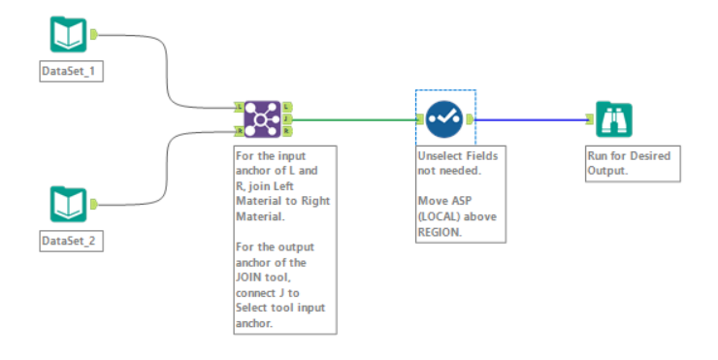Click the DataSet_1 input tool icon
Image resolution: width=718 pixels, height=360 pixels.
click(68, 35)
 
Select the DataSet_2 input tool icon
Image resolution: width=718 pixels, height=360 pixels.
click(68, 204)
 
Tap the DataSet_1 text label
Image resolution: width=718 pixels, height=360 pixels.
click(68, 72)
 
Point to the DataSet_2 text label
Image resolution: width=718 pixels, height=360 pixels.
click(68, 240)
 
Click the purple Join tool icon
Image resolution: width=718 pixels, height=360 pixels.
click(262, 119)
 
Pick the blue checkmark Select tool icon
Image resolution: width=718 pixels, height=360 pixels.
click(444, 119)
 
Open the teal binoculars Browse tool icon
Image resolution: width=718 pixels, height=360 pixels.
click(614, 119)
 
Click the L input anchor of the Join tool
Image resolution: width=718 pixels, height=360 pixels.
click(239, 107)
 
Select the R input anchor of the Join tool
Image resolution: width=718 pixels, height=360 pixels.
click(239, 130)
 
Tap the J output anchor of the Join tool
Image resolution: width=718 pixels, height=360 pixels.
click(287, 119)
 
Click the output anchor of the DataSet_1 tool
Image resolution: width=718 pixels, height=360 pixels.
click(94, 35)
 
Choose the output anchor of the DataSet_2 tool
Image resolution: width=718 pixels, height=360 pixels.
click(94, 204)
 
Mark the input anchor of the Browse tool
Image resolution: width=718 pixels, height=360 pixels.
click(591, 119)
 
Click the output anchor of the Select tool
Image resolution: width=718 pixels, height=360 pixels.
click(470, 119)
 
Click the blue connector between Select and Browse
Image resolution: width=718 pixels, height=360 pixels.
click(529, 119)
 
